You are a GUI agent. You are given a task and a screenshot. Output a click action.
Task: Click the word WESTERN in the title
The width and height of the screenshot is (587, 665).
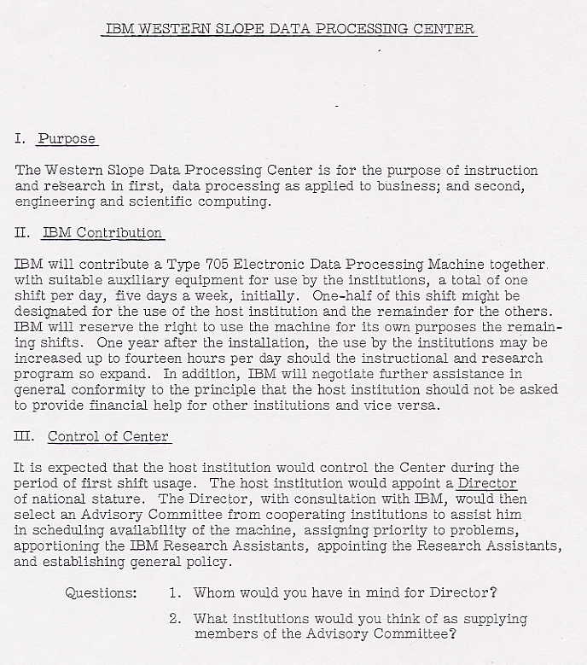(168, 28)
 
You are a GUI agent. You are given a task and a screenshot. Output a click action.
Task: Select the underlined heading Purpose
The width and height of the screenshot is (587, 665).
(67, 138)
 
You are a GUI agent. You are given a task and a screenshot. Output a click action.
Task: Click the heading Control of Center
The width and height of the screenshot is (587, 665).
(108, 436)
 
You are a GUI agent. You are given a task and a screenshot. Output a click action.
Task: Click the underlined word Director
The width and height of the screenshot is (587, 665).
(487, 483)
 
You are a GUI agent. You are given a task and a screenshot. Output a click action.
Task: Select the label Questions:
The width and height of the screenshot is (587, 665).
(101, 592)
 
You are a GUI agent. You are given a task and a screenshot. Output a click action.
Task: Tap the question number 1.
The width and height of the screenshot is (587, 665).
(174, 592)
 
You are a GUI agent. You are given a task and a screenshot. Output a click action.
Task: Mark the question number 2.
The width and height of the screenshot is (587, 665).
(174, 618)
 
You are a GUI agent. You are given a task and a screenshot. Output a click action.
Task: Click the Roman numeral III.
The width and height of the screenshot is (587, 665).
(24, 436)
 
